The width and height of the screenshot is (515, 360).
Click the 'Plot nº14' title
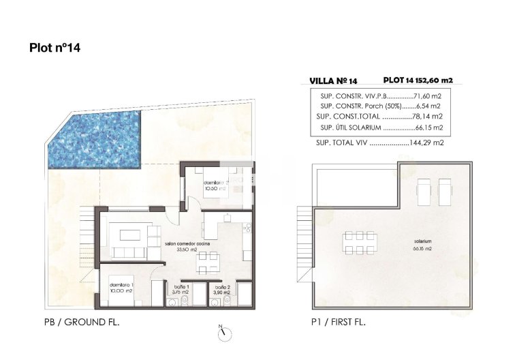56,48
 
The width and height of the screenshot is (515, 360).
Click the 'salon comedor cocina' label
187,243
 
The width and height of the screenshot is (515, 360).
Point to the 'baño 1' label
181,287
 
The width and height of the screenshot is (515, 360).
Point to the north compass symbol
225,333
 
